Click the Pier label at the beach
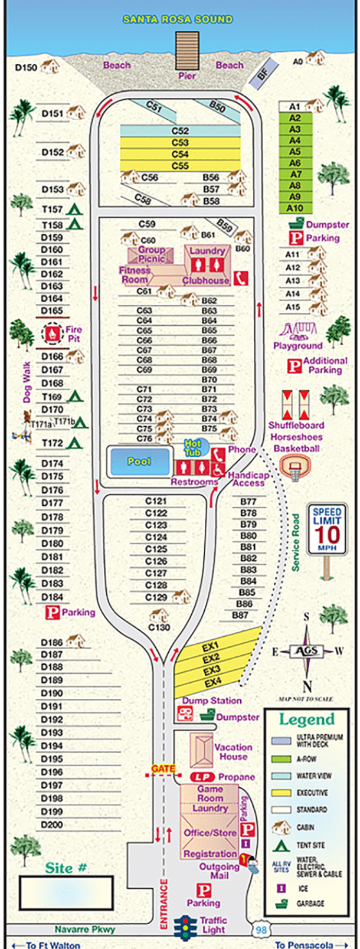pos(187,76)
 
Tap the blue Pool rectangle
pos(139,462)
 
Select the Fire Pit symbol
pos(53,334)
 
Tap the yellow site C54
pos(180,154)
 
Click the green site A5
pos(295,152)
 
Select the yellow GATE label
pos(163,768)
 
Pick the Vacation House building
pos(201,750)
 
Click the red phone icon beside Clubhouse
pos(240,278)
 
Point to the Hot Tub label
pos(193,448)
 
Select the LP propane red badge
pos(202,777)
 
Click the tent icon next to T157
pos(74,209)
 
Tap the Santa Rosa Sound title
pos(178,19)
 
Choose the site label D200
pos(52,824)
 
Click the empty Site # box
pos(66,893)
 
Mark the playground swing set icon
pos(294,330)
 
